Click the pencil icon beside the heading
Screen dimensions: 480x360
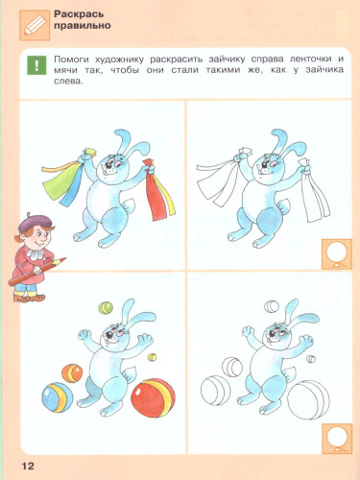tap(32, 23)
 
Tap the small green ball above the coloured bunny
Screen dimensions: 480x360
tap(105, 306)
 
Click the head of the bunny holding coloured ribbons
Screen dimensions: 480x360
tap(115, 158)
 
